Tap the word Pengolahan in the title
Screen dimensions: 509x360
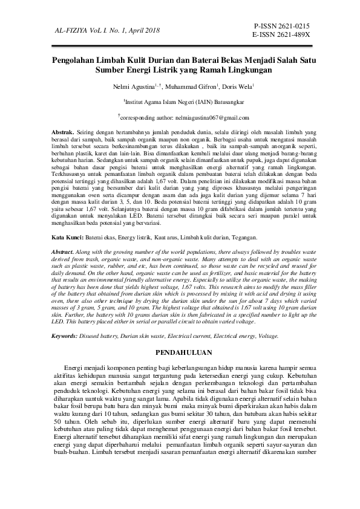[74, 60]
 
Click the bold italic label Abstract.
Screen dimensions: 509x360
[62, 251]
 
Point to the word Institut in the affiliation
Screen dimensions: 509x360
[136, 103]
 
